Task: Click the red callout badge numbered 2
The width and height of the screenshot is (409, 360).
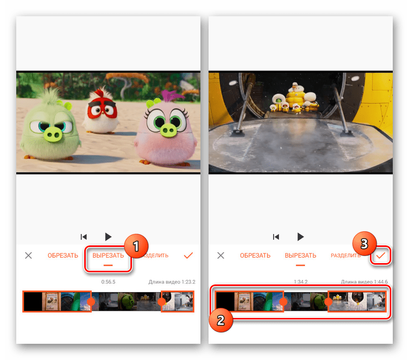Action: click(220, 319)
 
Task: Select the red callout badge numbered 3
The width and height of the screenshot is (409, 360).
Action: click(364, 244)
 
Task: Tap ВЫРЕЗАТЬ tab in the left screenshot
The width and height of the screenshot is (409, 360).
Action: click(108, 256)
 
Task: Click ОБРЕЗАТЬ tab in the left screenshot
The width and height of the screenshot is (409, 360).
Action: click(63, 256)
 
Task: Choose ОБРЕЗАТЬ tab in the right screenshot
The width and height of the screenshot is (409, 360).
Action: click(255, 256)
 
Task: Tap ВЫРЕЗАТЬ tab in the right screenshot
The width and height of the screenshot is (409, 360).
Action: click(300, 256)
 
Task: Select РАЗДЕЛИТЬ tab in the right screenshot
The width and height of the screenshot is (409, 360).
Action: click(346, 256)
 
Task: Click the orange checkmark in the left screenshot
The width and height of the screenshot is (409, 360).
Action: click(188, 256)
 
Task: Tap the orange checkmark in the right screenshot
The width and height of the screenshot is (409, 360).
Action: click(381, 256)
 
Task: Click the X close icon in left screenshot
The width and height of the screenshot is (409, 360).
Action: click(28, 256)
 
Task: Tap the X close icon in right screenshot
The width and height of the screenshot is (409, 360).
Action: click(221, 256)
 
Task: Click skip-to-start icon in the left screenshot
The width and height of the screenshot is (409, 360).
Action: click(84, 237)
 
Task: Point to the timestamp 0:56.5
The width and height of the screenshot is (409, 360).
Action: click(109, 281)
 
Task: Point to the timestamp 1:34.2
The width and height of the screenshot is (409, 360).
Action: click(301, 281)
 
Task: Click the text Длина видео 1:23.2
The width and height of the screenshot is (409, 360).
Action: click(172, 281)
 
